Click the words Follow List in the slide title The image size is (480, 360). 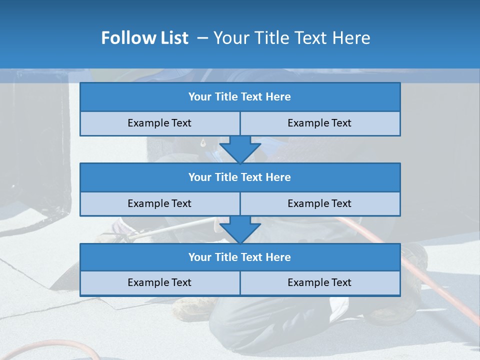coord(144,38)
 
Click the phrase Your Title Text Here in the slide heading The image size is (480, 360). coord(291,38)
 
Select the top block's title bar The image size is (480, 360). coord(240,97)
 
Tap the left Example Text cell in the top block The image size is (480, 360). coord(159,123)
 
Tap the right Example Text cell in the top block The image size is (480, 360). coord(319,123)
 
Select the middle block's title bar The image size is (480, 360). coord(240,177)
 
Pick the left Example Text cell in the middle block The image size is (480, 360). coord(159,203)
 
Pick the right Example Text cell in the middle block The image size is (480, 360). coord(319,203)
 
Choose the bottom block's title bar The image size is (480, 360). coord(240,257)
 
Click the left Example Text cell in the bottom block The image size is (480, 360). coord(159,282)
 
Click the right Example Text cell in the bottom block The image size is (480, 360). coord(319,282)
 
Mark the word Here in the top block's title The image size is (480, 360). coord(278,97)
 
